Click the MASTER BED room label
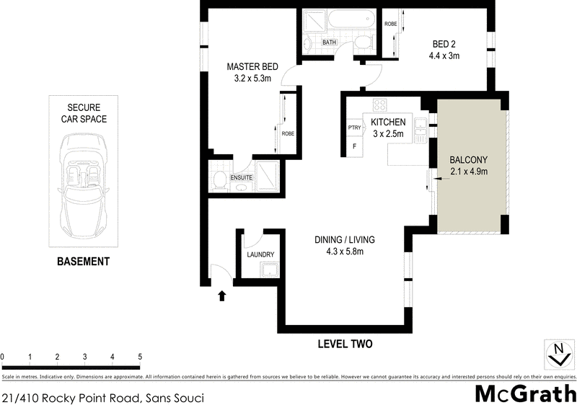pos(248,63)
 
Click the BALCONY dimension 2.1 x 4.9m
pos(469,171)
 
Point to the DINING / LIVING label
pos(344,239)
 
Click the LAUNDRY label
pos(260,255)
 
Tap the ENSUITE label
pos(241,177)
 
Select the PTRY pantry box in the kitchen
pos(354,128)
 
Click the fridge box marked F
pos(354,146)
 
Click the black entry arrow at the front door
pos(222,295)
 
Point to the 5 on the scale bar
pos(140,357)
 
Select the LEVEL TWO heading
pos(345,344)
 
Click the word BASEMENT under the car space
pos(83,262)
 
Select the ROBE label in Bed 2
pos(390,25)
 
